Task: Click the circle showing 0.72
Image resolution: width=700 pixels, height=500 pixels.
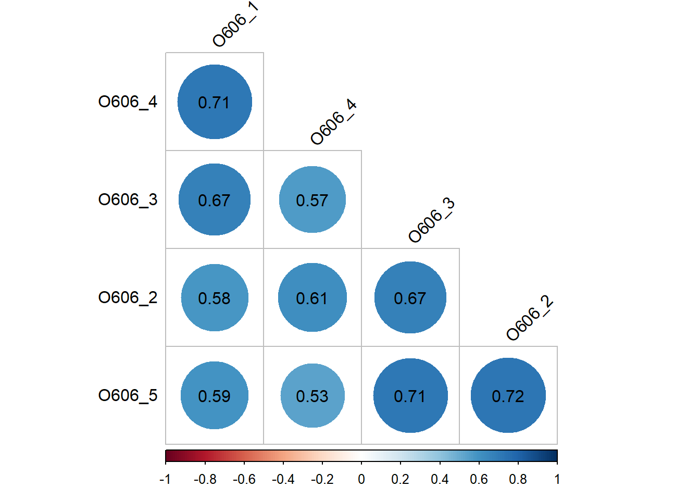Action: [x=508, y=395]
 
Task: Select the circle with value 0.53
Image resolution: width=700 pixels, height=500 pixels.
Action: [x=312, y=395]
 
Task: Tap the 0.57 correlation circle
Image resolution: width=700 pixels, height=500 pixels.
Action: [x=312, y=199]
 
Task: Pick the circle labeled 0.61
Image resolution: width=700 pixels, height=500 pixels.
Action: [x=312, y=297]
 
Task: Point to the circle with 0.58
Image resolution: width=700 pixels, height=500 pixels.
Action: [x=215, y=297]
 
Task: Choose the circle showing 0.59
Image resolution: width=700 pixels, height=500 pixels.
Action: [x=215, y=395]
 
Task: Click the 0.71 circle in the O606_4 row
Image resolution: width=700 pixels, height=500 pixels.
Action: [x=215, y=102]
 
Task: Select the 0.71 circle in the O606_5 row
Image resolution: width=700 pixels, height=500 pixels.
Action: [x=410, y=395]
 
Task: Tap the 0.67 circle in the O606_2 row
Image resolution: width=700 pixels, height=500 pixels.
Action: [x=410, y=297]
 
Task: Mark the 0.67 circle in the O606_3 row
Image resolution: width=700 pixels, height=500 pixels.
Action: [x=215, y=199]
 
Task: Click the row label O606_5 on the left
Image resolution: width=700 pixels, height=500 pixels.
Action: [x=128, y=395]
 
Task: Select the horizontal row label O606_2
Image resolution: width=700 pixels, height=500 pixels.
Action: [x=128, y=297]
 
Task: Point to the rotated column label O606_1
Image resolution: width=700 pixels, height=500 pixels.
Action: [x=235, y=24]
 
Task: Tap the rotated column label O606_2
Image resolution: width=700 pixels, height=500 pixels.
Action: [x=529, y=318]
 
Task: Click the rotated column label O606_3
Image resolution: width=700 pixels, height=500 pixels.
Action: [x=431, y=220]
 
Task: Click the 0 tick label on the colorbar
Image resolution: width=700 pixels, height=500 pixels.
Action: [x=361, y=479]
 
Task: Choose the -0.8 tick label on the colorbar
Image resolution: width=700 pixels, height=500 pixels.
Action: [x=205, y=479]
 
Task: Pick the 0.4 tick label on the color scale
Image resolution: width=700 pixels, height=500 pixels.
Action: [x=440, y=479]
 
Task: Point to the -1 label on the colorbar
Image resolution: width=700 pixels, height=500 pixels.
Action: [x=165, y=479]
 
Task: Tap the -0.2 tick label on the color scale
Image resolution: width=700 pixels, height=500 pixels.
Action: [x=322, y=479]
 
